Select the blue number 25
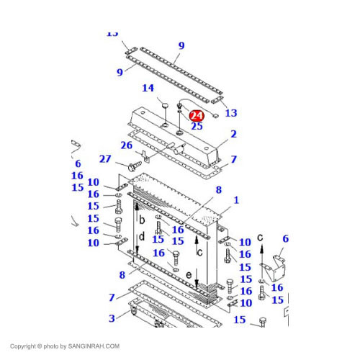click(197, 126)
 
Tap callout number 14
click(148, 89)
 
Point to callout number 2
click(233, 134)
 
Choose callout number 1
click(235, 199)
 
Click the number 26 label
click(126, 145)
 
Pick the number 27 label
click(104, 159)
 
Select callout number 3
click(112, 319)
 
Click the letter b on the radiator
click(142, 218)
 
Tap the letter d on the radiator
click(142, 235)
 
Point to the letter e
click(189, 274)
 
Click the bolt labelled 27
click(133, 166)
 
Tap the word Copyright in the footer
click(26, 346)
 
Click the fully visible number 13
click(230, 113)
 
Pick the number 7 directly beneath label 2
click(233, 158)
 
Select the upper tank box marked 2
click(173, 133)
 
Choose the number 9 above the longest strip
click(181, 45)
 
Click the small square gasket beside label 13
click(215, 112)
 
